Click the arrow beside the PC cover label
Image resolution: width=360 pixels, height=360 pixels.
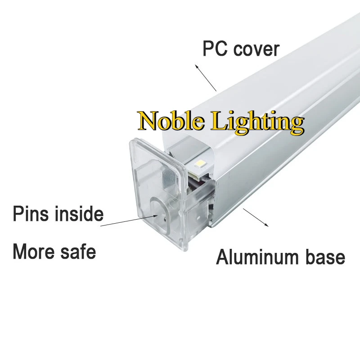coord(206,77)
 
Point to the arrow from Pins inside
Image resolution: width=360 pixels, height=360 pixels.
coord(130,220)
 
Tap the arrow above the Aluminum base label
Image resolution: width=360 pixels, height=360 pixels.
coord(256,217)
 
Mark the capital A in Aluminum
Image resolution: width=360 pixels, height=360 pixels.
coord(223,257)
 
